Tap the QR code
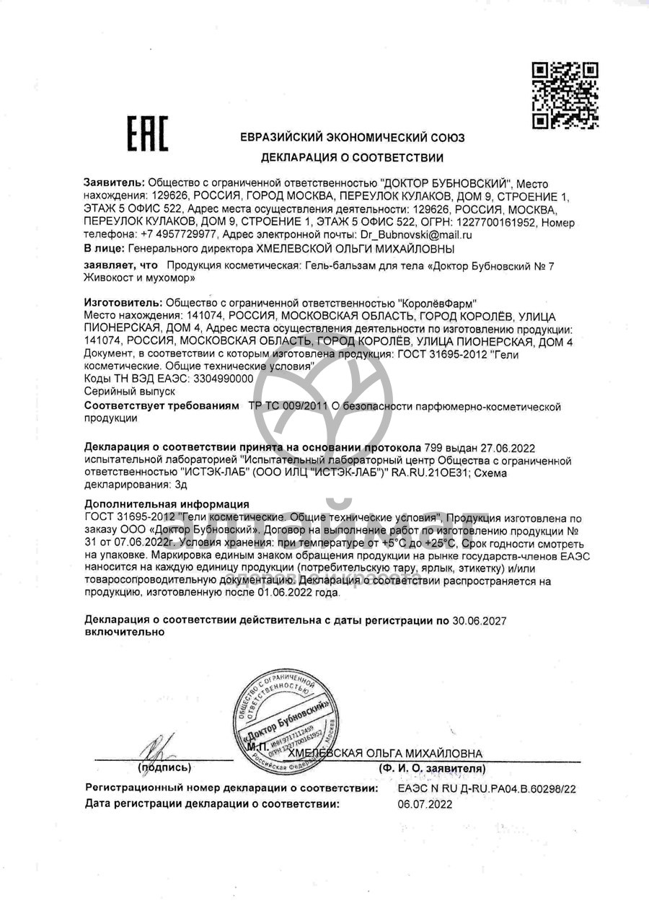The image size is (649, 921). [565, 95]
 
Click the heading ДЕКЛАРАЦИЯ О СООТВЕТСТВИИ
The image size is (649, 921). [352, 157]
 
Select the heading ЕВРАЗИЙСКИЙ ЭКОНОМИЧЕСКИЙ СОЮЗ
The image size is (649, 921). [352, 138]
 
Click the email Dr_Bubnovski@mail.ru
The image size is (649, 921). [416, 234]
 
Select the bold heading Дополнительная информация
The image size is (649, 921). [167, 504]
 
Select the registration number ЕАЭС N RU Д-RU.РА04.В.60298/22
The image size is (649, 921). [487, 790]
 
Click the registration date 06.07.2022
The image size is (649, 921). [425, 804]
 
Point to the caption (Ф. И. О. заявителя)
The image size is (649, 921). [432, 769]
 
